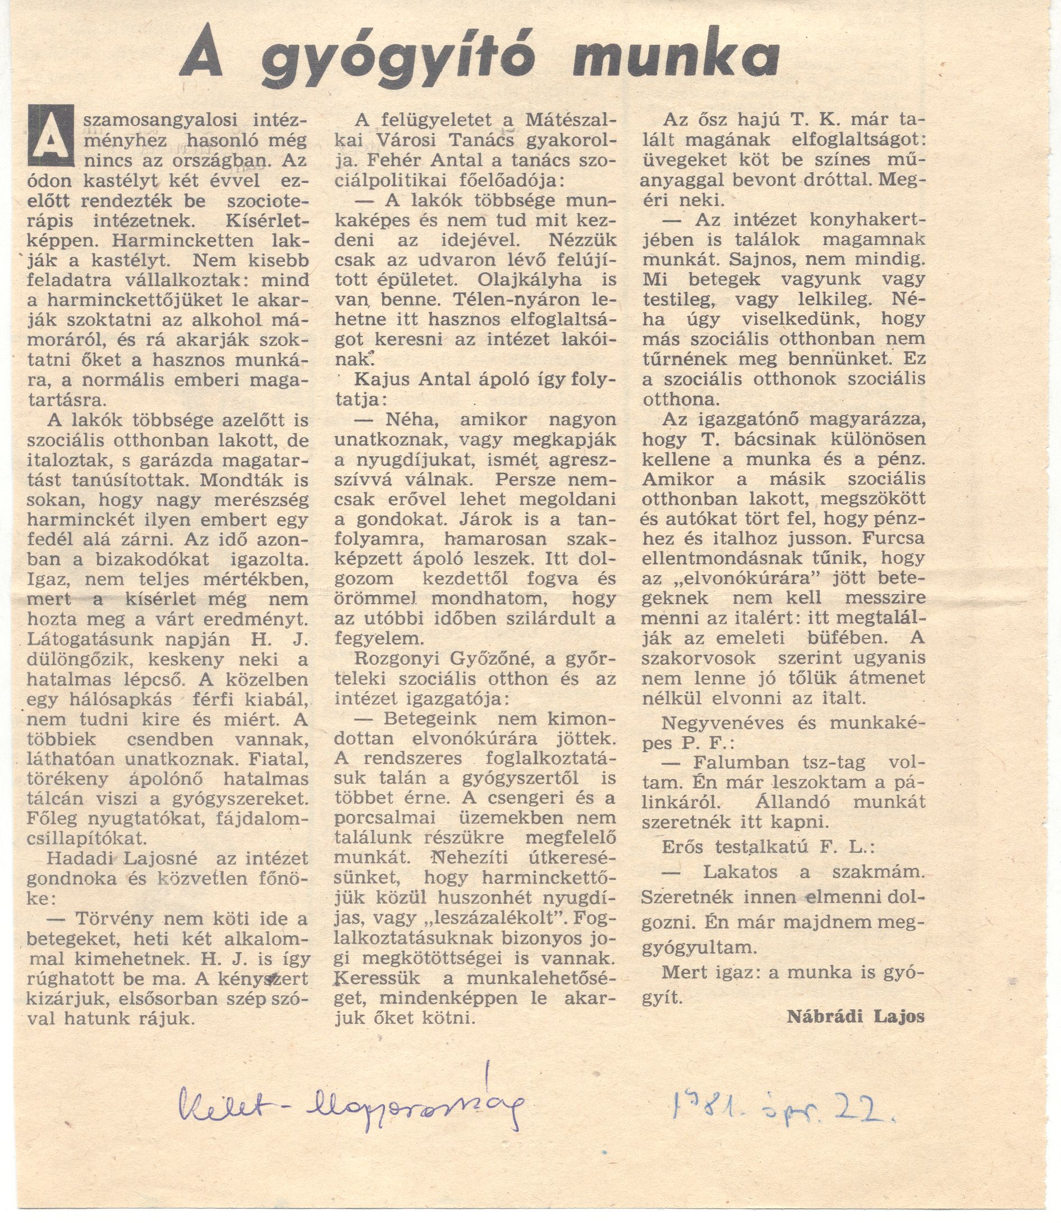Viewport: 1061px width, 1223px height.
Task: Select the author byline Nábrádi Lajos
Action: click(x=856, y=1017)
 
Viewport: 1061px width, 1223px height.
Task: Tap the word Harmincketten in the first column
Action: click(x=139, y=241)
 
